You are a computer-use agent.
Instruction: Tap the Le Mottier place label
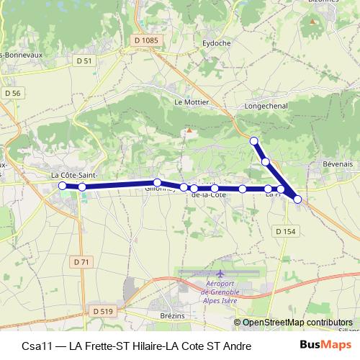(192, 102)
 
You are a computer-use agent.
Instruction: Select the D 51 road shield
(84, 61)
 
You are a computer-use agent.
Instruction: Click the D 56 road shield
(13, 93)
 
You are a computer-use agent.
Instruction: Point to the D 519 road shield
(103, 310)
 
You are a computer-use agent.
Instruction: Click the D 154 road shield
(285, 231)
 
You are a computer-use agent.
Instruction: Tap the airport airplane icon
(220, 274)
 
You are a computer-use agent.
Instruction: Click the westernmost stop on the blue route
(62, 186)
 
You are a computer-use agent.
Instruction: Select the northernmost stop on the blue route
(253, 140)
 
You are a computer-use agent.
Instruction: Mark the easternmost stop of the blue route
(297, 199)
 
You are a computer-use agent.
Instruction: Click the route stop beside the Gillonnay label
(157, 182)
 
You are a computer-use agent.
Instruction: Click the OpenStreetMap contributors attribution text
(297, 323)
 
